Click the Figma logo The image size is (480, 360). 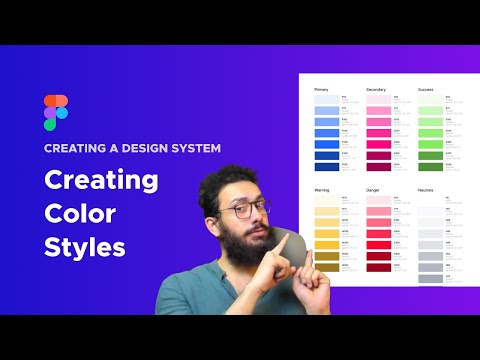click(x=56, y=113)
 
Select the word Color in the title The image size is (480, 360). click(x=79, y=214)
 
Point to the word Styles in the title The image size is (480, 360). click(x=84, y=247)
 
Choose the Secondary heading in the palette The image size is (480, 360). click(x=376, y=89)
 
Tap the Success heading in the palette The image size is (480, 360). click(x=427, y=89)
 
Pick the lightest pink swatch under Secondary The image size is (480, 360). click(x=378, y=100)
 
